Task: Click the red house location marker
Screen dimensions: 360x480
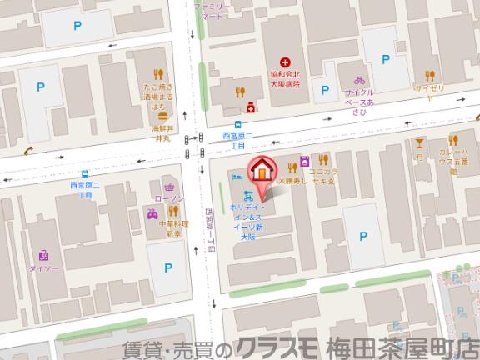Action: coord(261,168)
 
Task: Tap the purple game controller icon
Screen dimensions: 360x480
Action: coord(152,215)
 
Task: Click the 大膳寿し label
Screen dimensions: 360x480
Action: coord(293,179)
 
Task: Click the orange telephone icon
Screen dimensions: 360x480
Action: coord(27,151)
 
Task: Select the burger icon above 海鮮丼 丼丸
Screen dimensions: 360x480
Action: coord(163,114)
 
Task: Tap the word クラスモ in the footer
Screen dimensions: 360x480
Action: coord(276,347)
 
